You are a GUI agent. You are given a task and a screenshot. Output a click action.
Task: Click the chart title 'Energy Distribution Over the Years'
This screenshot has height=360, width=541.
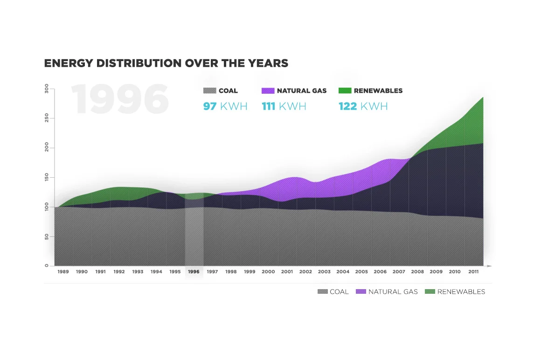pyautogui.click(x=166, y=63)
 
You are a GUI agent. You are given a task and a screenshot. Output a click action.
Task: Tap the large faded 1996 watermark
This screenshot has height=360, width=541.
pyautogui.click(x=120, y=99)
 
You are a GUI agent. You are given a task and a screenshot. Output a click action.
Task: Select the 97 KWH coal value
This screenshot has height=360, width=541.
pyautogui.click(x=225, y=106)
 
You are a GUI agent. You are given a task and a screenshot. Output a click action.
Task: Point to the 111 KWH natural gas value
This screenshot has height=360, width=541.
pyautogui.click(x=284, y=106)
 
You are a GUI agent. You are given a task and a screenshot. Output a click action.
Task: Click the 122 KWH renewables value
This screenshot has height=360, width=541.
pyautogui.click(x=363, y=106)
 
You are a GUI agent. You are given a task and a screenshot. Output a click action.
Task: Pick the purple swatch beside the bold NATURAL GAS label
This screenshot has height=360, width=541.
pyautogui.click(x=268, y=90)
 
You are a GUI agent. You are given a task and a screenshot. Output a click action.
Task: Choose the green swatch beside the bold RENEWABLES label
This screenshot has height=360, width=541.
pyautogui.click(x=345, y=90)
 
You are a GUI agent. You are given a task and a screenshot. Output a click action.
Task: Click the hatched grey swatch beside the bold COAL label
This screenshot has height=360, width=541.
pyautogui.click(x=209, y=90)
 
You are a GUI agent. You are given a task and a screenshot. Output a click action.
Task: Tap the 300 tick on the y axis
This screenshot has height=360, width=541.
pyautogui.click(x=47, y=89)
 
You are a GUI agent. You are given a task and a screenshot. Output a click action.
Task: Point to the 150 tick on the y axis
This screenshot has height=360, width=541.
pyautogui.click(x=47, y=177)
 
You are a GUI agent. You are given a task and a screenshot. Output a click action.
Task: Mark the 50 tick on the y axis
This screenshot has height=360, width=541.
pyautogui.click(x=47, y=236)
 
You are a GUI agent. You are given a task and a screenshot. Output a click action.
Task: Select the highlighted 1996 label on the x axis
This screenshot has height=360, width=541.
pyautogui.click(x=194, y=272)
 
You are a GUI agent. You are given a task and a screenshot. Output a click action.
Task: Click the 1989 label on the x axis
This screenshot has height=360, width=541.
pyautogui.click(x=63, y=272)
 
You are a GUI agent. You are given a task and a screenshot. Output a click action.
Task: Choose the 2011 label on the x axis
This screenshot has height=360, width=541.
pyautogui.click(x=473, y=272)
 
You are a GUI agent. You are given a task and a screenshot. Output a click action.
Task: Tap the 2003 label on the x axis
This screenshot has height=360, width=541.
pyautogui.click(x=324, y=272)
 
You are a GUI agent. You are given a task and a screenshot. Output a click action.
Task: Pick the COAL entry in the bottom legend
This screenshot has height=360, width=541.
pyautogui.click(x=333, y=292)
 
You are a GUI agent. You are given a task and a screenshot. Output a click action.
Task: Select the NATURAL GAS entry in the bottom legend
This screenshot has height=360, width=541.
pyautogui.click(x=387, y=292)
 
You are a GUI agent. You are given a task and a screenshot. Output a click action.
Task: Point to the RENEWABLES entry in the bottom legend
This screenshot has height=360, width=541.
pyautogui.click(x=455, y=292)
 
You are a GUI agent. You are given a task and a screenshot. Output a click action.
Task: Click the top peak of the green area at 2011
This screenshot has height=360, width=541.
pyautogui.click(x=483, y=97)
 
